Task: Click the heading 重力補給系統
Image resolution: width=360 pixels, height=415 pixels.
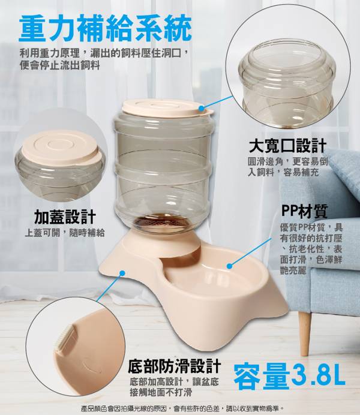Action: pos(105,29)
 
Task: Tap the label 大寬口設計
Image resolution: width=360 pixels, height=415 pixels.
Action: pos(288,146)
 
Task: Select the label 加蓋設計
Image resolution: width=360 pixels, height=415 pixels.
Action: pos(65,217)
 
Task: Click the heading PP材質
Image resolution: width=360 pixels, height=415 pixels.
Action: pos(304,210)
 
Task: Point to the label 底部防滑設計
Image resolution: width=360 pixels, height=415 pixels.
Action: pos(174,366)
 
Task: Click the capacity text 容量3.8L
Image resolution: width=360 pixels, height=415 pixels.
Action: pos(289,376)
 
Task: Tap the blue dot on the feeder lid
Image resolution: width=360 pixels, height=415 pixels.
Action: pos(202,108)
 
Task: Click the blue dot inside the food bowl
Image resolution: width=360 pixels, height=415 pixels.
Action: pos(229,266)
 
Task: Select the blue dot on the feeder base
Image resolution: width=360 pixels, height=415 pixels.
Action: pos(122,273)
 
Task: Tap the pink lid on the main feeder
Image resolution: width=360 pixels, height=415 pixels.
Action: pos(167,108)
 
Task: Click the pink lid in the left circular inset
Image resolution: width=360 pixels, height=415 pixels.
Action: pos(62,148)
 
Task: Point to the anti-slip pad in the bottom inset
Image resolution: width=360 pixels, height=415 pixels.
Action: pos(64,340)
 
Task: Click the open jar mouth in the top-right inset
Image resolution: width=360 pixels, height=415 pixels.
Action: pos(287,58)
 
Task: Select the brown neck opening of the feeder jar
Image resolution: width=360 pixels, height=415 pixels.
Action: pos(161,222)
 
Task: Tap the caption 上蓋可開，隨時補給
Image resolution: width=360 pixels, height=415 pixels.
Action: pos(65,233)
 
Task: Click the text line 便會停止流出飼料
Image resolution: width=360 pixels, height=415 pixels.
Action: pos(60,65)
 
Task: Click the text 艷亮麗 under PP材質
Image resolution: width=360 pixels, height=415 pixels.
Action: pos(293,270)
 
